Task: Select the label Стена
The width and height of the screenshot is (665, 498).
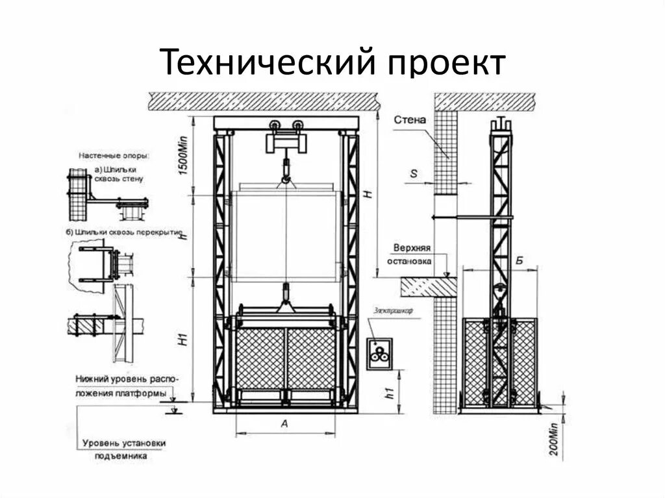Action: click(x=410, y=120)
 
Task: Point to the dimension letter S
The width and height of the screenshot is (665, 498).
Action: click(x=413, y=173)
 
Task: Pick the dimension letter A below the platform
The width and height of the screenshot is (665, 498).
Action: click(x=284, y=423)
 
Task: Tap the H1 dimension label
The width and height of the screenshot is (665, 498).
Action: click(x=184, y=338)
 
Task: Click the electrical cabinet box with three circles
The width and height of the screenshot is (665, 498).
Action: click(x=379, y=355)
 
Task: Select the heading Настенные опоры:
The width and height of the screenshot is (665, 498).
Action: click(x=114, y=156)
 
